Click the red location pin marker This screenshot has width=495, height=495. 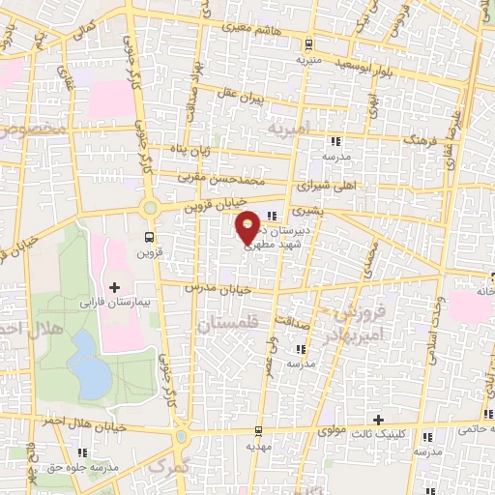(x=249, y=226)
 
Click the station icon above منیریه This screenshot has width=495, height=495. (x=307, y=44)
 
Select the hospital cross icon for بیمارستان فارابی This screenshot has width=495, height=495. (x=115, y=287)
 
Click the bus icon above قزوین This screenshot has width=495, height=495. (x=150, y=236)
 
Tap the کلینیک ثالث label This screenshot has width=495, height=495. (x=378, y=436)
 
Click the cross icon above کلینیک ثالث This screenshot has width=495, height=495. (x=378, y=420)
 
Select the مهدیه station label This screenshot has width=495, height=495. (x=257, y=447)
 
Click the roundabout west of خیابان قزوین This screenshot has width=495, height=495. (x=149, y=206)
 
